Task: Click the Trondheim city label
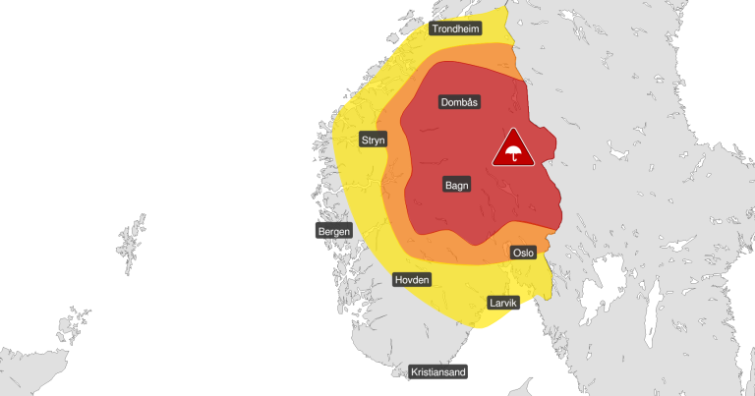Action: tap(458, 29)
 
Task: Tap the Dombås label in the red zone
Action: tap(458, 102)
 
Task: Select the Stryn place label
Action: tap(373, 140)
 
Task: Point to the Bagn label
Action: tap(455, 184)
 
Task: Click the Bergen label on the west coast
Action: tap(333, 231)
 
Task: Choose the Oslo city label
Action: tap(523, 253)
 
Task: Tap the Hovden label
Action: tap(411, 280)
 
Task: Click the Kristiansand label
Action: tap(437, 371)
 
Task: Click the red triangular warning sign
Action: tap(512, 150)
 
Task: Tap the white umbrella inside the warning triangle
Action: tap(512, 153)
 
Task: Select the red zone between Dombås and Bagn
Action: tap(456, 142)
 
